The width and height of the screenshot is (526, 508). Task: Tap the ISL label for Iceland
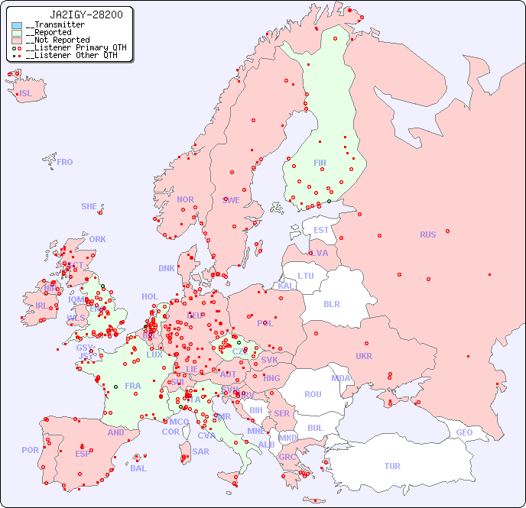tap(26, 94)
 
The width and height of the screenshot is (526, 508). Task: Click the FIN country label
tap(320, 163)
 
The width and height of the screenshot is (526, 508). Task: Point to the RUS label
tap(427, 235)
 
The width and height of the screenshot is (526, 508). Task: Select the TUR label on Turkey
tap(392, 466)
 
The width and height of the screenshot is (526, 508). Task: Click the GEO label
tap(464, 432)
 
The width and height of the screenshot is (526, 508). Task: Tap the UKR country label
tap(364, 356)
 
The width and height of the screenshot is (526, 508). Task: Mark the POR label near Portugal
tap(30, 450)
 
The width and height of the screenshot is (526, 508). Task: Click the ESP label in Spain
tap(83, 453)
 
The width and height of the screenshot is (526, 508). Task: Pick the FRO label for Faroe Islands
tap(65, 162)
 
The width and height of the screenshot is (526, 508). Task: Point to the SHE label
tap(89, 206)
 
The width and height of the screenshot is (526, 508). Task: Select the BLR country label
tap(331, 303)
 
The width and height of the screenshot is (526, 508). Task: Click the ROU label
tap(313, 394)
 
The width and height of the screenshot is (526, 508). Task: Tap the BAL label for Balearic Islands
tap(138, 468)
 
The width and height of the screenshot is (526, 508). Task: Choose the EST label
tap(321, 230)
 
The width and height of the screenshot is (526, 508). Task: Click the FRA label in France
tap(133, 386)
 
